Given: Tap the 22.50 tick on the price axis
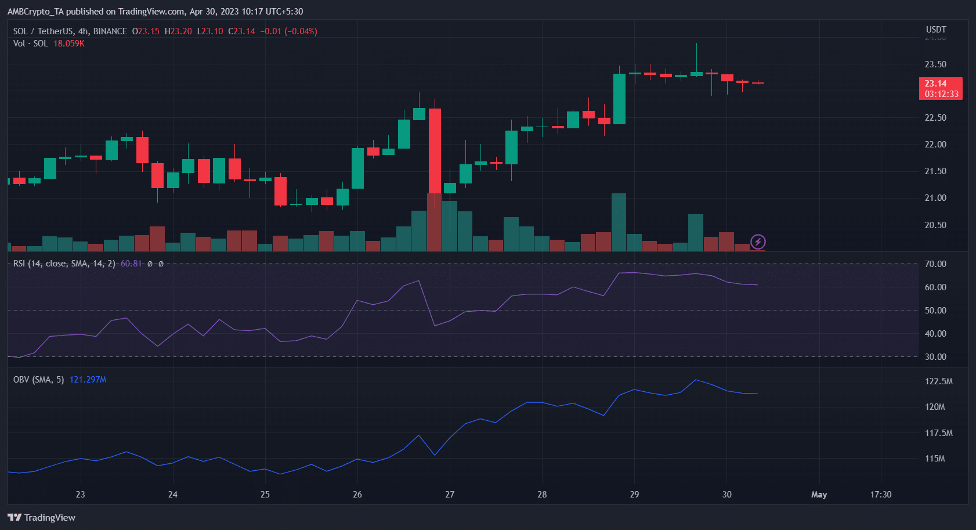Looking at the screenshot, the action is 935,118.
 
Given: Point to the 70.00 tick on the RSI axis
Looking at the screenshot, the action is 935,264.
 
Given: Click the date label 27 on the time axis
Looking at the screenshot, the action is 450,495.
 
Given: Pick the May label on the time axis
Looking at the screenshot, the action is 819,495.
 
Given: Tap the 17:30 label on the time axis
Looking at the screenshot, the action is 881,495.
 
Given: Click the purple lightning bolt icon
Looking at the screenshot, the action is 758,241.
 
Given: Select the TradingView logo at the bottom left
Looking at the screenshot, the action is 41,517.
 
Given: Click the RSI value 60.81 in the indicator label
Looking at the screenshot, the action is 131,264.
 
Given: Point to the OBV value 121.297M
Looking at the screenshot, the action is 88,380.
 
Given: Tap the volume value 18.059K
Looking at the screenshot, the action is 69,44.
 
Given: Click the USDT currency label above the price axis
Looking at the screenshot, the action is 936,30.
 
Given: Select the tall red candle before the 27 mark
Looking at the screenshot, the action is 435,151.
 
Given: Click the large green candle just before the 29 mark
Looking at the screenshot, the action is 619,99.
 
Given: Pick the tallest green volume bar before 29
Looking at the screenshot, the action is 619,222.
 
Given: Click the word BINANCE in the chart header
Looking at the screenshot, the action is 110,31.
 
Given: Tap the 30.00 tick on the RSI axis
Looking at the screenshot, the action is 935,357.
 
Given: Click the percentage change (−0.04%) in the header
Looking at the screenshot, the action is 301,31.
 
